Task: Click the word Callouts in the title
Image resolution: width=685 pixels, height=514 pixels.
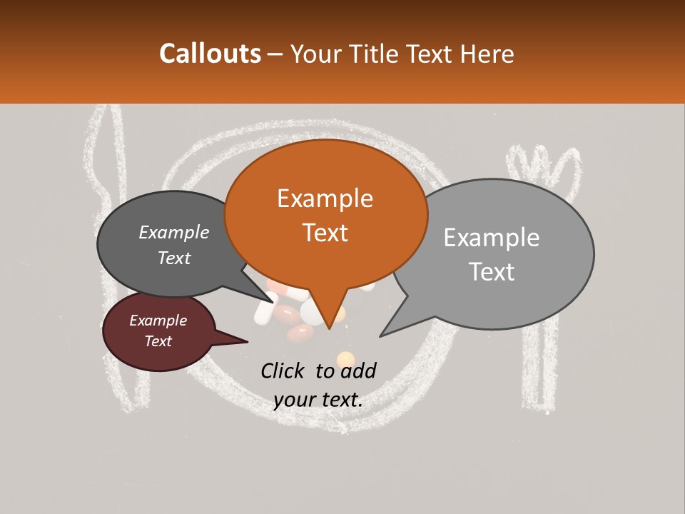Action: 210,54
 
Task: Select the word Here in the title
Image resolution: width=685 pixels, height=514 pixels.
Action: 484,54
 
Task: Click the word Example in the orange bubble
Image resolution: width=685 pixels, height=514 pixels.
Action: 325,198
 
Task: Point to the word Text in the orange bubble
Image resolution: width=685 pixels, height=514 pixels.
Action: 325,233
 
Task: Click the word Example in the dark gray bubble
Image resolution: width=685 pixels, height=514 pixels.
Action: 173,232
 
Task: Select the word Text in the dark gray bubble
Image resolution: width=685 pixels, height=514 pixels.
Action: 173,258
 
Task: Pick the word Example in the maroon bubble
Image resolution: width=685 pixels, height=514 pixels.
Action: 158,321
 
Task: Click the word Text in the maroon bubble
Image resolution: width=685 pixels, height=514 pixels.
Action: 158,341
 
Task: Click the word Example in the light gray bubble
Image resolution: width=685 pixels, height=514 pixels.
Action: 491,238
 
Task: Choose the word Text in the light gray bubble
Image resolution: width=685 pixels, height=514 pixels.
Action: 491,272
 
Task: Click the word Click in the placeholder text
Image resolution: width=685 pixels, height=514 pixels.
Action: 284,371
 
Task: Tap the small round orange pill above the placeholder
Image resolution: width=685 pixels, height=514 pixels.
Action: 345,358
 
